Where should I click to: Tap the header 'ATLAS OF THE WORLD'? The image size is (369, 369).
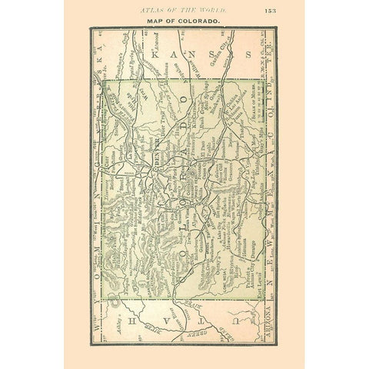tap(183, 8)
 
